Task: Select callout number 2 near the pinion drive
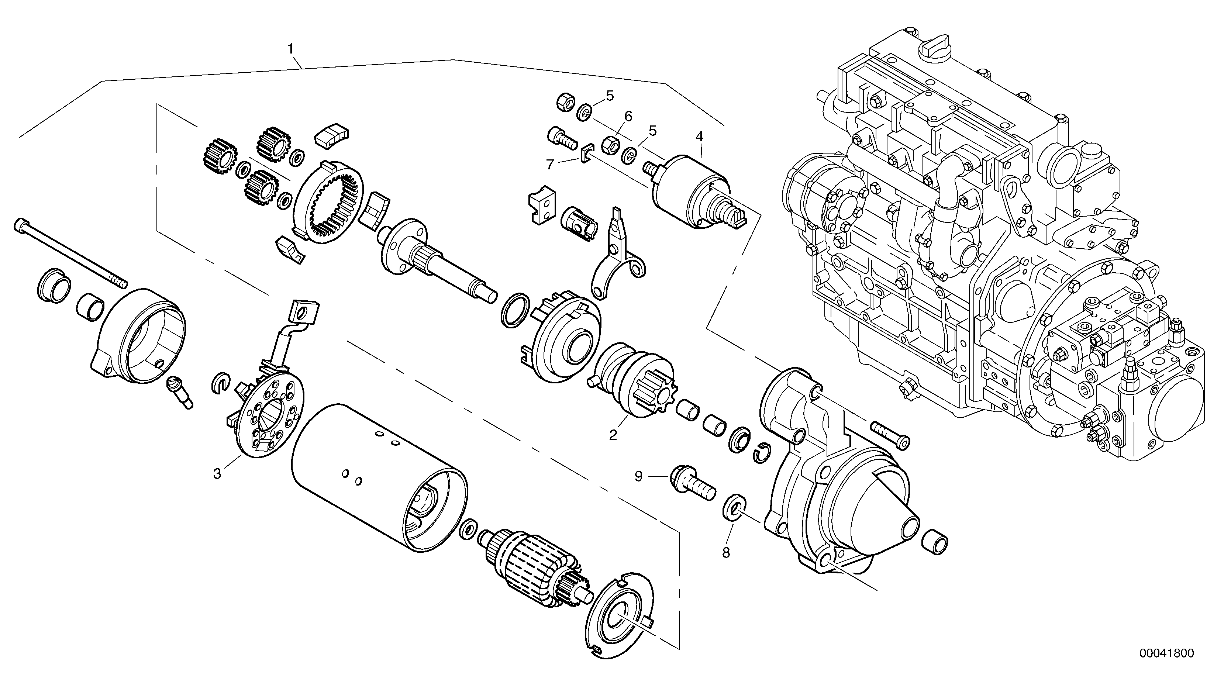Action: (x=613, y=435)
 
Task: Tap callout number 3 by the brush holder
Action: (x=217, y=474)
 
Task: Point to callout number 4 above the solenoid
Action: (x=699, y=136)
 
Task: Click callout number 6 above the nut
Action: (x=628, y=116)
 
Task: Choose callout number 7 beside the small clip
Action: (x=550, y=165)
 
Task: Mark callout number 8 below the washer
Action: (x=726, y=553)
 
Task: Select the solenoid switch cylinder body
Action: (x=688, y=191)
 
